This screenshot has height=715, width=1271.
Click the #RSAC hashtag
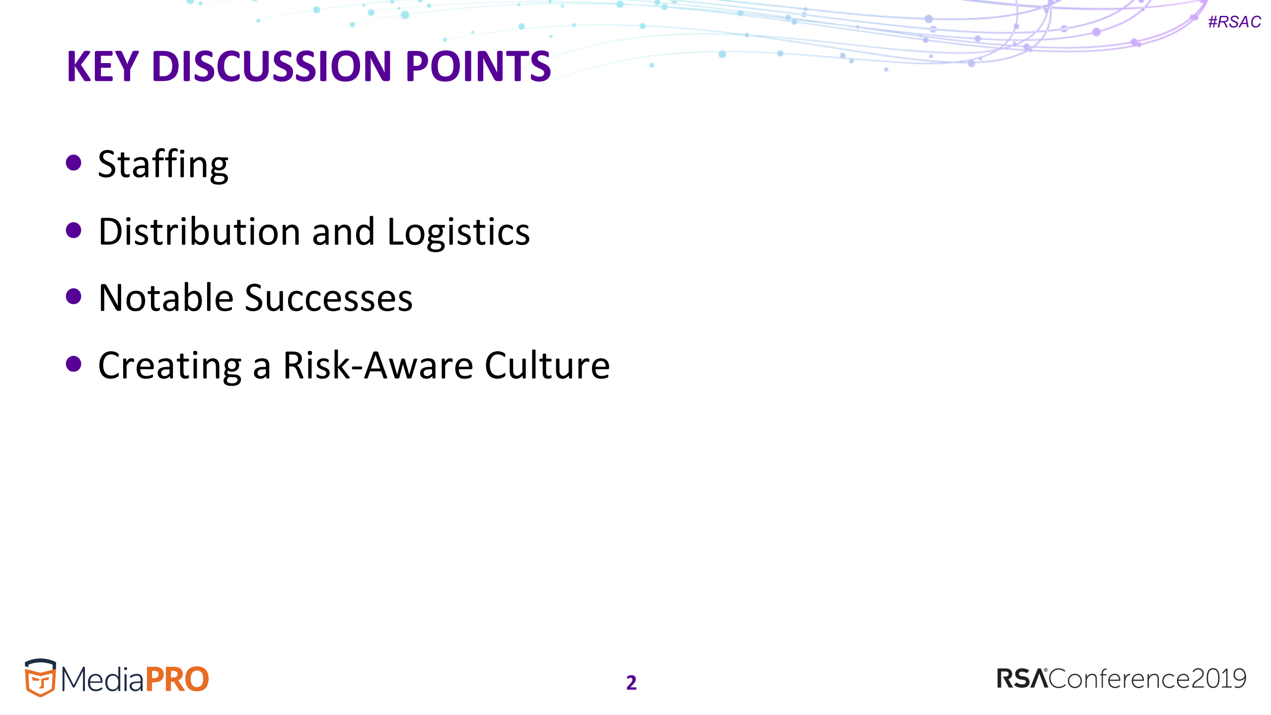point(1234,22)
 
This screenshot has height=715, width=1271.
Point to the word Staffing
point(163,164)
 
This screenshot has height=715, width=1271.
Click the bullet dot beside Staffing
point(74,162)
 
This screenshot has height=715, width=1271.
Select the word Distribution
point(199,232)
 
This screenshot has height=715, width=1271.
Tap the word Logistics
point(458,233)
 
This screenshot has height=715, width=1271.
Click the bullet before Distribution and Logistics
point(74,230)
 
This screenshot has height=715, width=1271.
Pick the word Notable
point(166,298)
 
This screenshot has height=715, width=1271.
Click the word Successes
point(328,298)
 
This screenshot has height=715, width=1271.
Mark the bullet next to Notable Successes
point(74,297)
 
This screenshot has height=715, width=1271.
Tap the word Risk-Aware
point(378,366)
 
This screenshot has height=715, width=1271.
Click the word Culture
point(547,366)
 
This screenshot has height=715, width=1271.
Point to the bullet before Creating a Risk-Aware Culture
point(74,364)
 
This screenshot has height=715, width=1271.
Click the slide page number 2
point(631,683)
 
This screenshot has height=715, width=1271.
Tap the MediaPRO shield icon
point(40,678)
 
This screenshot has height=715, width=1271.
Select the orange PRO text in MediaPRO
point(177,680)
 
